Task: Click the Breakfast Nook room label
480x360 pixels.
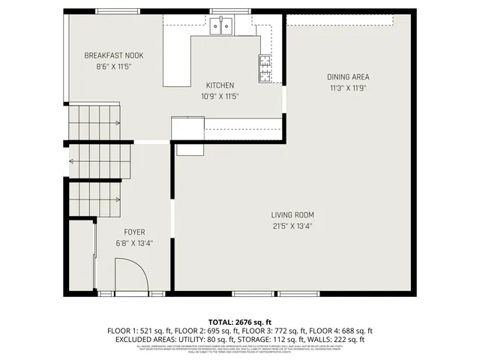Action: coord(113,55)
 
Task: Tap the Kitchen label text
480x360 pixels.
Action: coord(219,85)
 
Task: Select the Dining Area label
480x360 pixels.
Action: coord(347,76)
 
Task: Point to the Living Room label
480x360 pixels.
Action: coord(292,215)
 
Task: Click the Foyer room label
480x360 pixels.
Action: coord(134,232)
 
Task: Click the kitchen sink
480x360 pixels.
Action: coord(221,28)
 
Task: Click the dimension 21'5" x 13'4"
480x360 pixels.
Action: coord(292,226)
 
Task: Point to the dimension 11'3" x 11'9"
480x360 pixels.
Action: coord(347,87)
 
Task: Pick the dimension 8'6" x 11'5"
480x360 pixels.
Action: coord(113,66)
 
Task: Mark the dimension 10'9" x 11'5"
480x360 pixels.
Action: coord(219,96)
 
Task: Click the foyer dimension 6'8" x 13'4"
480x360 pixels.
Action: coord(134,242)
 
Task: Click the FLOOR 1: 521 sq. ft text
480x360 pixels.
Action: coord(140,330)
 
